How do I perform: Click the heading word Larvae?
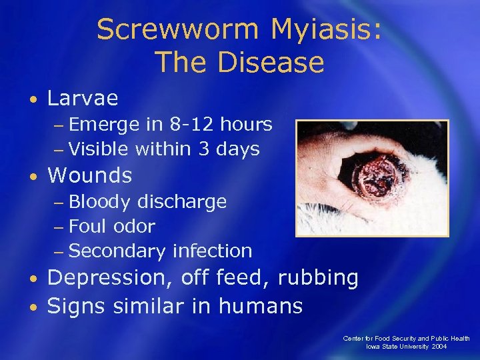(x=83, y=99)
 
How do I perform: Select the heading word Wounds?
(x=90, y=175)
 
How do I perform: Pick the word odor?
(x=134, y=227)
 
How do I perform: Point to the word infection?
(x=211, y=251)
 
